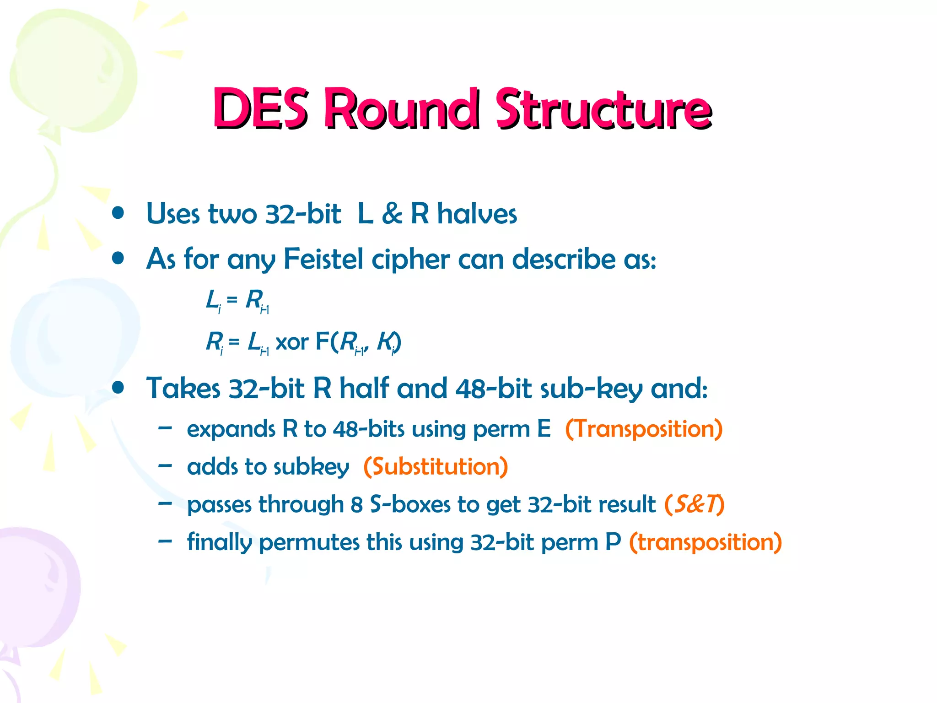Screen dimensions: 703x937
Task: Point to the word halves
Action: click(x=477, y=214)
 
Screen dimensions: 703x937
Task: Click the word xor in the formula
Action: click(x=292, y=342)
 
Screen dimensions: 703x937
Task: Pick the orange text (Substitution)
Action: click(x=436, y=467)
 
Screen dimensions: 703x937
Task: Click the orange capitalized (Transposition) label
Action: click(x=644, y=429)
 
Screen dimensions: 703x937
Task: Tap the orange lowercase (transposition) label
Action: click(x=705, y=542)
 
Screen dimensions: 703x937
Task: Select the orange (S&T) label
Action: click(x=694, y=504)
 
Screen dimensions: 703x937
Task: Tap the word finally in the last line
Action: click(x=219, y=543)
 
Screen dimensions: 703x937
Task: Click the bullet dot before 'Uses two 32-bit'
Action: click(x=118, y=213)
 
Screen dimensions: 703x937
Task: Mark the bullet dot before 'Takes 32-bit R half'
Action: click(x=118, y=388)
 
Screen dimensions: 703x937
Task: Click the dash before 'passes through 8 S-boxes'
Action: click(x=165, y=503)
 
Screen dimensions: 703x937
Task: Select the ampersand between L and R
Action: click(x=392, y=214)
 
